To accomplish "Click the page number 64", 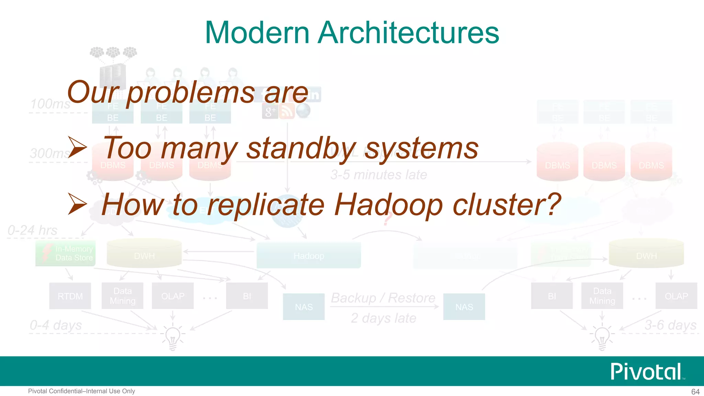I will coord(695,392).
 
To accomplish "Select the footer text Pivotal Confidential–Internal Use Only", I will coord(81,391).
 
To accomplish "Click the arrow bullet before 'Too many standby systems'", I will coord(77,147).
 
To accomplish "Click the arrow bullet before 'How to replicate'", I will coord(77,204).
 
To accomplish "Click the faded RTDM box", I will coord(70,296).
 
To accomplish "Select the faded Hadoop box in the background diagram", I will coord(309,256).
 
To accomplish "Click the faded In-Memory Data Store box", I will coord(65,253).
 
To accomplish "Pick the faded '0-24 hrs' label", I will coord(32,230).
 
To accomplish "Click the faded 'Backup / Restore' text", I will coord(383,298).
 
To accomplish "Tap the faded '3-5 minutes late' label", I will coord(379,175).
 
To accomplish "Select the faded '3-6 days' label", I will coord(670,325).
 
